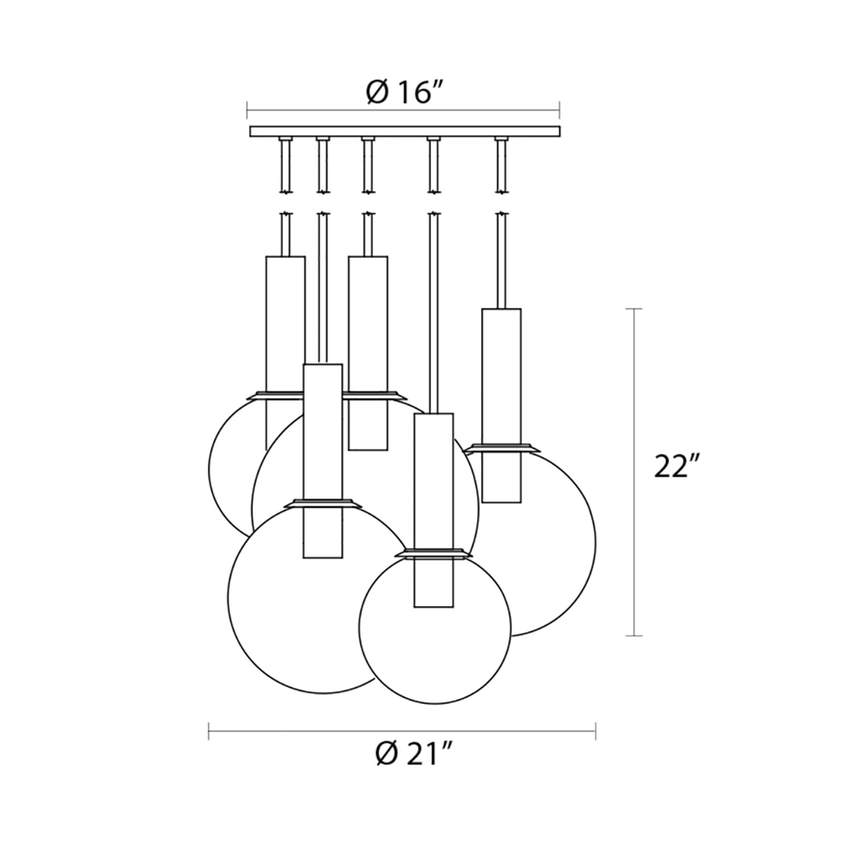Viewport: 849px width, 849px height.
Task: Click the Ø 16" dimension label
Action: point(403,93)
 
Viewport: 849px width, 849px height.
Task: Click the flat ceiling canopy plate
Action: point(405,132)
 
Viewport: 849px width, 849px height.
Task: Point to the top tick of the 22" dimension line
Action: point(633,309)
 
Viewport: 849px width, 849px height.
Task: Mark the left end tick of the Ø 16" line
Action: point(247,110)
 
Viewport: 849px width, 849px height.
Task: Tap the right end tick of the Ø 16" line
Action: point(559,110)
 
